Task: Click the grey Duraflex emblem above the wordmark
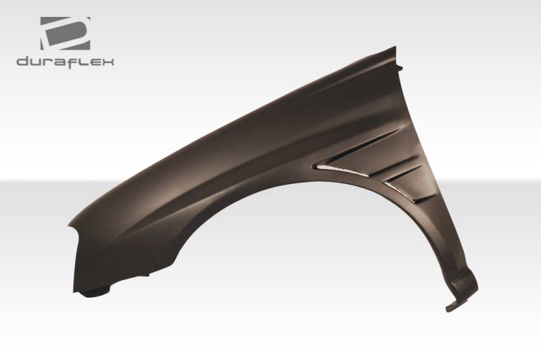pyautogui.click(x=65, y=33)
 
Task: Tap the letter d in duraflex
pyautogui.click(x=22, y=62)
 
